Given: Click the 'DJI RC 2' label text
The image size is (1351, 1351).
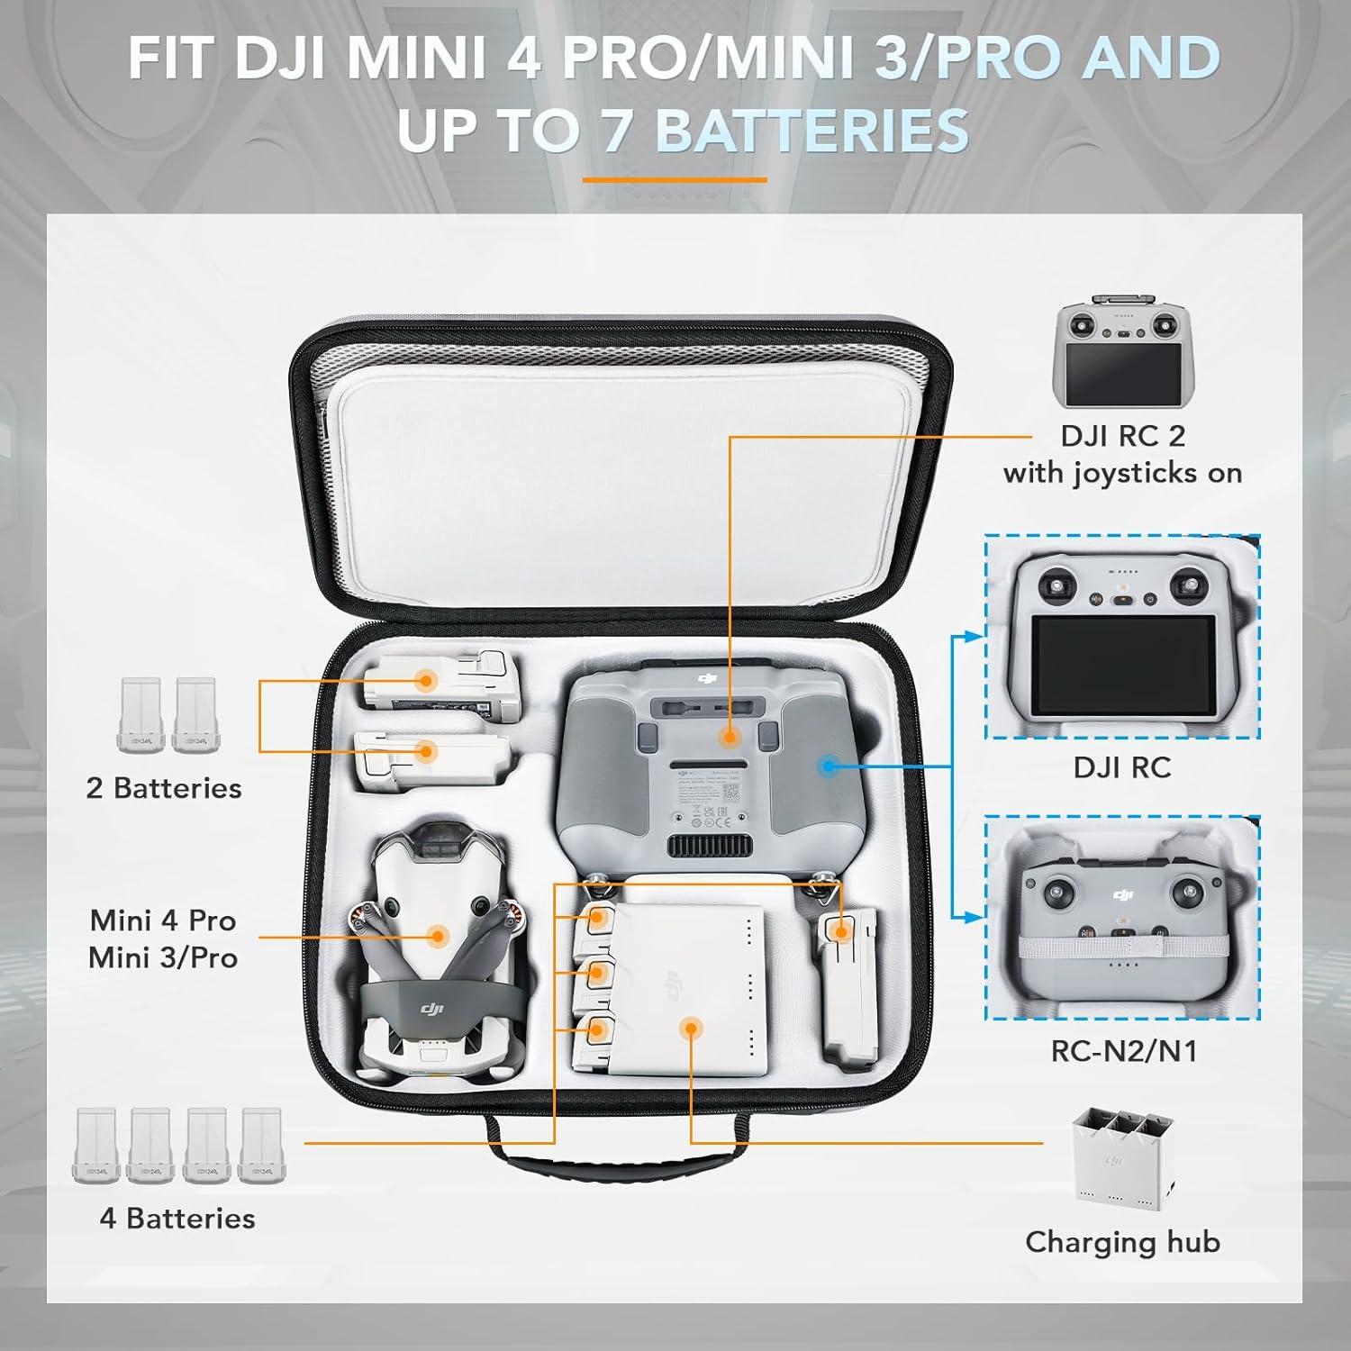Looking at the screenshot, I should tap(1122, 436).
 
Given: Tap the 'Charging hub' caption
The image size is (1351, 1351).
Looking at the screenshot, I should tap(1122, 1242).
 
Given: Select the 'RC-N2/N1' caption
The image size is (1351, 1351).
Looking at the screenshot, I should tap(1123, 1051).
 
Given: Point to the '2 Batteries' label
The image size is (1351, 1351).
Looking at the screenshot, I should tap(164, 788).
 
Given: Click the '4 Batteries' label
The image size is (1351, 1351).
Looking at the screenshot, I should tap(177, 1219).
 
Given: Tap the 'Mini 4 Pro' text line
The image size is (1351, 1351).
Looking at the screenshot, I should tap(163, 920).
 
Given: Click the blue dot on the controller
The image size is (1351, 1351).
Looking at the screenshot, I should tap(830, 766).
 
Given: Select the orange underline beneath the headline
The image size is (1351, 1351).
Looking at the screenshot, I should tap(675, 179).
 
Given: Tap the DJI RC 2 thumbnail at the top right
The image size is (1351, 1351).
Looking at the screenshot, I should tap(1121, 351).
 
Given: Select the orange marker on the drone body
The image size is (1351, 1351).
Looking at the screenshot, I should tap(439, 937).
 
